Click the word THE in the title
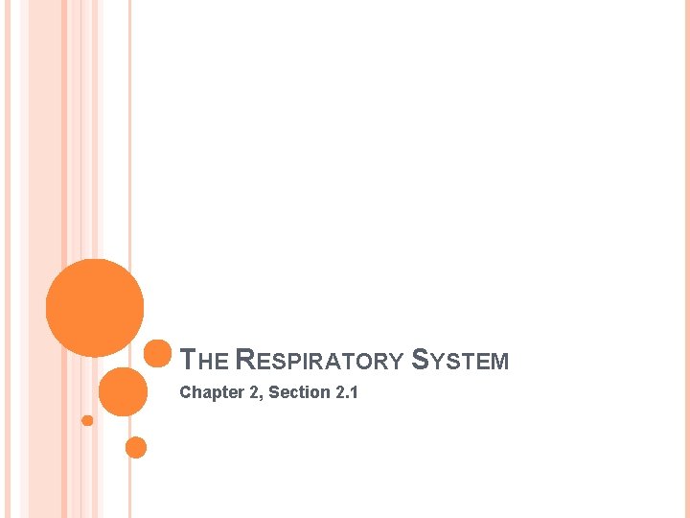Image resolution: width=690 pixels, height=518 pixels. click(204, 361)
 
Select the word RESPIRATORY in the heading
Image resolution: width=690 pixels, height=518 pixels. click(319, 361)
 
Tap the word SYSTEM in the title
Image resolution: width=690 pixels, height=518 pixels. click(460, 361)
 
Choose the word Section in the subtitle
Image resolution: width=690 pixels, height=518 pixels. click(296, 392)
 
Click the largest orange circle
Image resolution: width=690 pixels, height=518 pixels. click(95, 308)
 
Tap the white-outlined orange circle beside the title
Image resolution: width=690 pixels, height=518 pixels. click(158, 354)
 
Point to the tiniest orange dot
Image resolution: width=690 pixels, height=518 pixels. click(87, 420)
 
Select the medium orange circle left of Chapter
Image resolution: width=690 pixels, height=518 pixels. click(124, 391)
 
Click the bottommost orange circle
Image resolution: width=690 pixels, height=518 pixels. click(136, 447)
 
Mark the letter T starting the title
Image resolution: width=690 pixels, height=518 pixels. click(189, 361)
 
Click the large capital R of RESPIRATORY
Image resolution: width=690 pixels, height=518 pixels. click(243, 361)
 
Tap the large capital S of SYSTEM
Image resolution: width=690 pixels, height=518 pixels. click(419, 361)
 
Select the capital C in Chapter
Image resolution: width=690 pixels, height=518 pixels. click(186, 392)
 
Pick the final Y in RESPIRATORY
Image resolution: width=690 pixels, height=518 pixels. click(397, 362)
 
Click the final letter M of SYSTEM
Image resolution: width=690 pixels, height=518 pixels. click(499, 362)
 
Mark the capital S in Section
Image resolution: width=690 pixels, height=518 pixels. click(274, 392)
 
